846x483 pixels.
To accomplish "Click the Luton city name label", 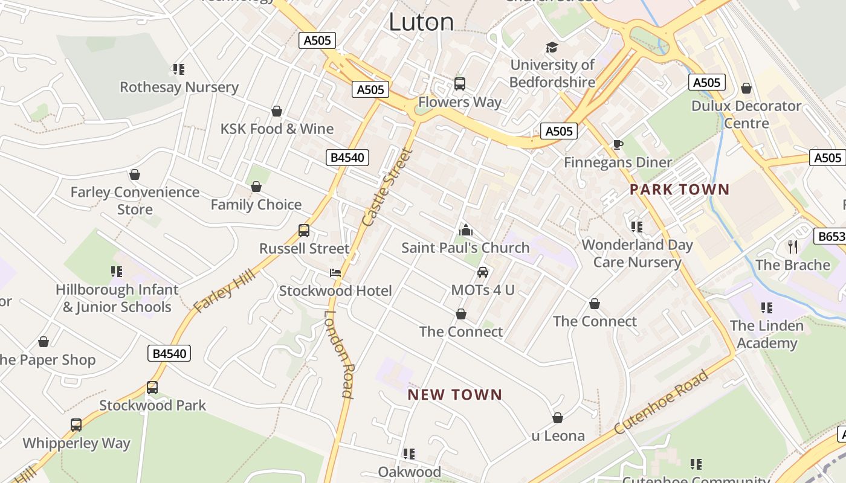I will click(x=421, y=22).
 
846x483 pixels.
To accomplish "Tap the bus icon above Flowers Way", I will click(x=460, y=84).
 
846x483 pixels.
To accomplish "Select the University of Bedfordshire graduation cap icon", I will click(x=552, y=47).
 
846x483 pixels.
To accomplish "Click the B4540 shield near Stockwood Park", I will click(x=169, y=353).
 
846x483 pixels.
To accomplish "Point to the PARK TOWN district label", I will click(x=680, y=190).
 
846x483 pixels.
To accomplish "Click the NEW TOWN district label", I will click(x=455, y=395).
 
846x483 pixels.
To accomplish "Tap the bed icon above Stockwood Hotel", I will click(x=335, y=273).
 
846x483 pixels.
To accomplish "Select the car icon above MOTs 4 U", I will click(x=483, y=272).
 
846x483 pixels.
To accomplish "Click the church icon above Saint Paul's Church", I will click(x=465, y=230).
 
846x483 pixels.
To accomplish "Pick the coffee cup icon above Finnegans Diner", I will click(x=618, y=144).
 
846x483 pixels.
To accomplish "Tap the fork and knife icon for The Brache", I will click(x=793, y=246).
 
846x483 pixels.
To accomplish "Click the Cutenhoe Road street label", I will click(x=661, y=402).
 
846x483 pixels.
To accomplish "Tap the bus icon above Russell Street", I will click(x=304, y=231).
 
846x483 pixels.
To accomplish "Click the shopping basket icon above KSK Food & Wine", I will click(x=277, y=111).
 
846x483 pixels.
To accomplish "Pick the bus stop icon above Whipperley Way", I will click(x=76, y=425).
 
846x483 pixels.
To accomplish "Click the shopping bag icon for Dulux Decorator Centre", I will click(x=746, y=88).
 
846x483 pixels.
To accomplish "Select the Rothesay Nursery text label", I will click(x=179, y=87).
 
